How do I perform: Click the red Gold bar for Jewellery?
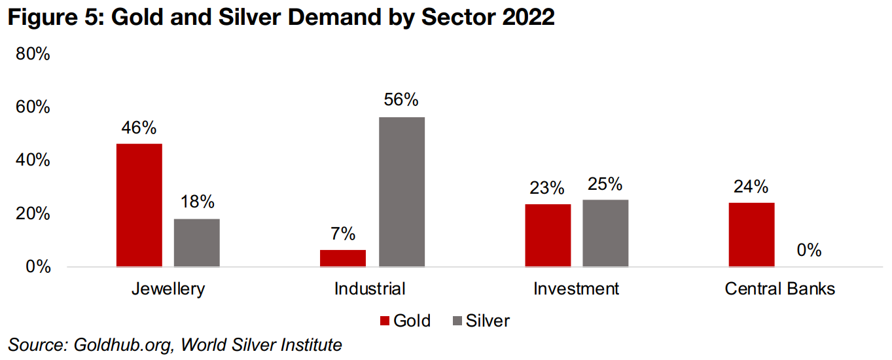pyautogui.click(x=139, y=205)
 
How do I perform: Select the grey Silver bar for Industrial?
pyautogui.click(x=402, y=192)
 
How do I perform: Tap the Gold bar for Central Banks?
pyautogui.click(x=751, y=234)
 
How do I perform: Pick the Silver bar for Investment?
pyautogui.click(x=605, y=233)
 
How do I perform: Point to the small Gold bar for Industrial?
pyautogui.click(x=343, y=258)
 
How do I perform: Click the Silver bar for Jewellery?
pyautogui.click(x=197, y=243)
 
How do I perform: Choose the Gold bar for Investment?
pyautogui.click(x=548, y=235)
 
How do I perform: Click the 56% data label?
pyautogui.click(x=401, y=100)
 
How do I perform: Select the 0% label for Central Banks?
pyautogui.click(x=809, y=250)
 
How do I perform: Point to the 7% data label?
pyautogui.click(x=343, y=234)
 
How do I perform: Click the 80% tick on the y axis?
pyautogui.click(x=33, y=54)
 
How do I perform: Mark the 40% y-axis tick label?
pyautogui.click(x=33, y=160)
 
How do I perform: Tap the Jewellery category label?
pyautogui.click(x=168, y=289)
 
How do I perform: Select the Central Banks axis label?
pyautogui.click(x=780, y=289)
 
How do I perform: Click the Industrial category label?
pyautogui.click(x=370, y=289)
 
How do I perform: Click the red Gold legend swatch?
pyautogui.click(x=385, y=321)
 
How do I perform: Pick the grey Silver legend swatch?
pyautogui.click(x=457, y=321)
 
